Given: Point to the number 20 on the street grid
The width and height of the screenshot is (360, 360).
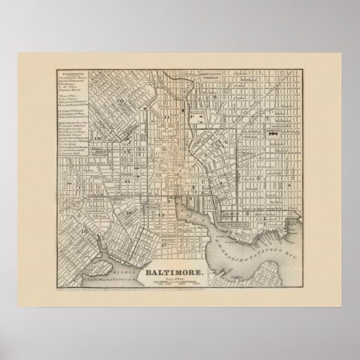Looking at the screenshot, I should pos(120,101).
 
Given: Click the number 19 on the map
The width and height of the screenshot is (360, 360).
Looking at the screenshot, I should pos(98,139).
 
